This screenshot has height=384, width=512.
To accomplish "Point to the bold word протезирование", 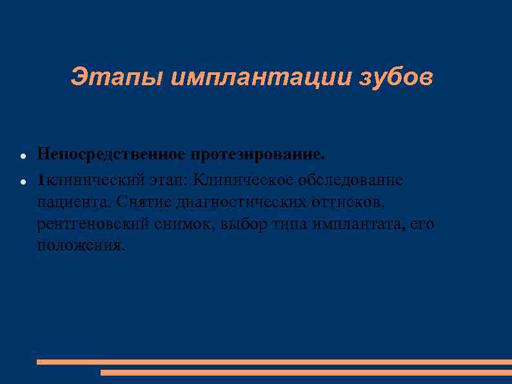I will [x=257, y=155].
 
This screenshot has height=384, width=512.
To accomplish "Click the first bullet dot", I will [x=23, y=157].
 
